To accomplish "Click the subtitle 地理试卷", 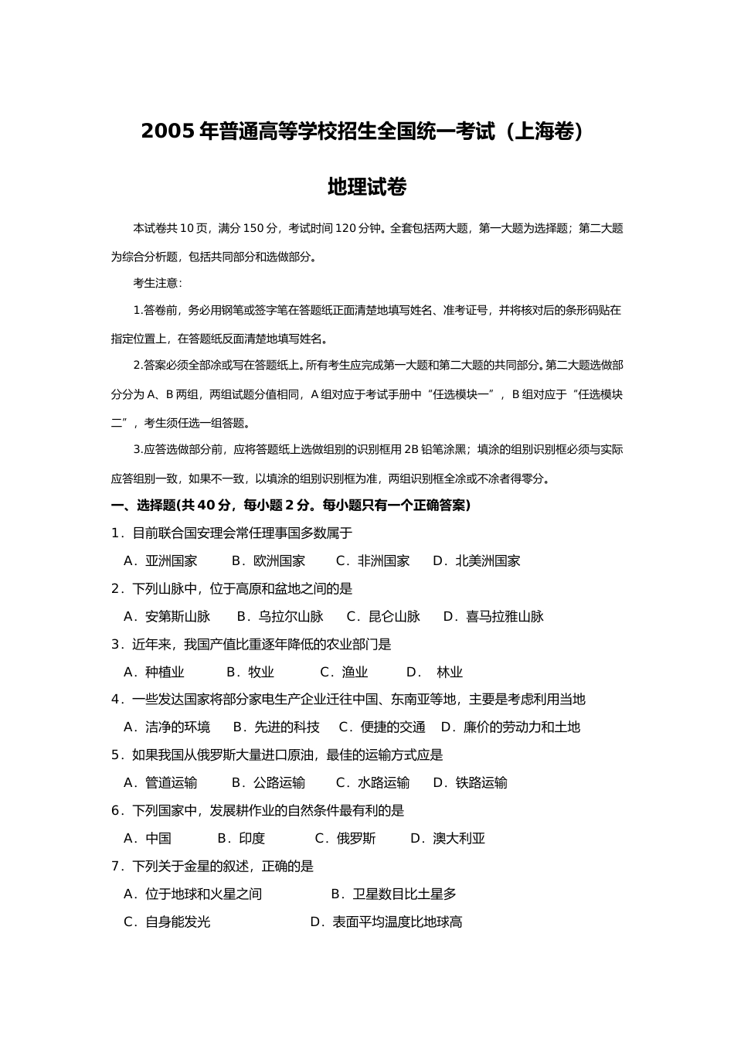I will coord(367,187).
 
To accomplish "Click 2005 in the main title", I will coord(167,132).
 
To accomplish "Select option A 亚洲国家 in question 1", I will coord(161,561).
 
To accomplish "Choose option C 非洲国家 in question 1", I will coord(373,561).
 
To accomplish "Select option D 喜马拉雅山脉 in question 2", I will coord(494,617).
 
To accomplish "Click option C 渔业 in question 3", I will coord(345,673).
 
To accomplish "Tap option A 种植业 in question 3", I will coord(155,673).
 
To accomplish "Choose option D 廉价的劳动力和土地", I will coord(511,727).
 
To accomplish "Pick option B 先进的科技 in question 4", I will coord(276,727).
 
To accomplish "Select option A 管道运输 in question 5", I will coord(161,783).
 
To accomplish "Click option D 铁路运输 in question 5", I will coord(471,783).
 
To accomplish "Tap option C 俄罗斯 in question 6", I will coord(345,839).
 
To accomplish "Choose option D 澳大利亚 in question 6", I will coord(448,839).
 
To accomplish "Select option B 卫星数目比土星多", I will coord(394,894).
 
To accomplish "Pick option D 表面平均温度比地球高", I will coord(386,922).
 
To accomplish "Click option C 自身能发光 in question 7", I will coord(167,922).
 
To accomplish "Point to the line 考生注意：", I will coord(158,283).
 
